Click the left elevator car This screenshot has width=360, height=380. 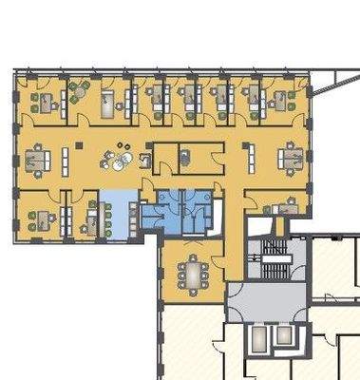tap(256, 340)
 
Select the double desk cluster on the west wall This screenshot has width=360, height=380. tap(38, 157)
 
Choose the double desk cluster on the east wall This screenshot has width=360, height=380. tap(290, 157)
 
